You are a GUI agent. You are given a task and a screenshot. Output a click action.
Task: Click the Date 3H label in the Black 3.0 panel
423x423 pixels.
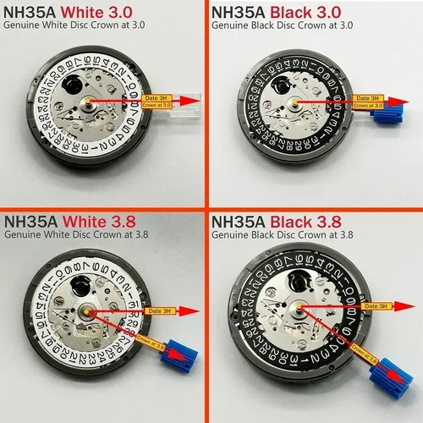(371, 99)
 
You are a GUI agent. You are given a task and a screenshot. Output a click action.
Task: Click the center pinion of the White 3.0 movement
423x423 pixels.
(88, 104)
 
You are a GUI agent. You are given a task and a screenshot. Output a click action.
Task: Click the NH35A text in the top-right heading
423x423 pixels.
(238, 13)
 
